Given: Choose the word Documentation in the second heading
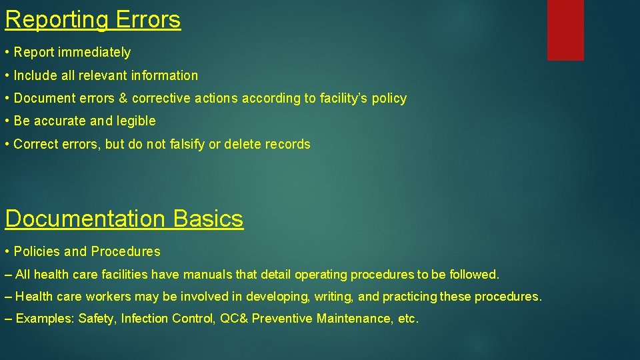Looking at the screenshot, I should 85,219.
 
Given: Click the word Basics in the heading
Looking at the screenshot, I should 208,219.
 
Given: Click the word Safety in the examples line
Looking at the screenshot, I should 96,319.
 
